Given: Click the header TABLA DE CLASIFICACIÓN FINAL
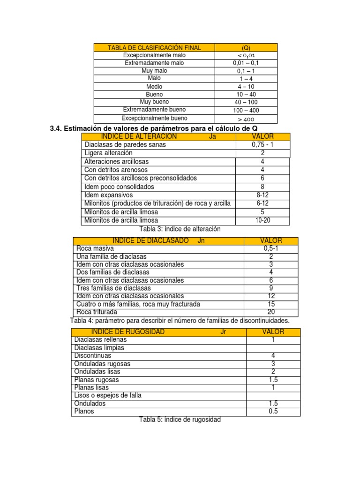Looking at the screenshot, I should tap(154, 48).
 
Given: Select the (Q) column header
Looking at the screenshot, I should tap(246, 48).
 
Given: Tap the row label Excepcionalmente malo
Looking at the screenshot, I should tap(154, 55).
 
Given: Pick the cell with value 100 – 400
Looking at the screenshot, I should tap(246, 110).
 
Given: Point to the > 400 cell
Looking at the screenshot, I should tap(246, 119).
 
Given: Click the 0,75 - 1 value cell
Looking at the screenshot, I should tap(262, 145).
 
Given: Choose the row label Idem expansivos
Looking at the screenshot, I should tap(109, 195).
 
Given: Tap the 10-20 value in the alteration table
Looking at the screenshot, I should tap(262, 220).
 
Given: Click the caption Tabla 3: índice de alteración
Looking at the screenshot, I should tap(180, 229).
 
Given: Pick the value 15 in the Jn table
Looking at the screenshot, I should tap(271, 304).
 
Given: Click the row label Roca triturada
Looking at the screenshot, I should tap(97, 312).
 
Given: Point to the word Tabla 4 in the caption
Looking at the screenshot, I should tap(82, 321).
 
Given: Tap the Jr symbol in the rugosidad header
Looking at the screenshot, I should tap(223, 332).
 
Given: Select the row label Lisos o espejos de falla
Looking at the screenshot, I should tap(108, 396).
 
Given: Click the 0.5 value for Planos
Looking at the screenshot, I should tap(273, 412).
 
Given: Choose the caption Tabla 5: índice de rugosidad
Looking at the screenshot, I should tap(180, 420).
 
